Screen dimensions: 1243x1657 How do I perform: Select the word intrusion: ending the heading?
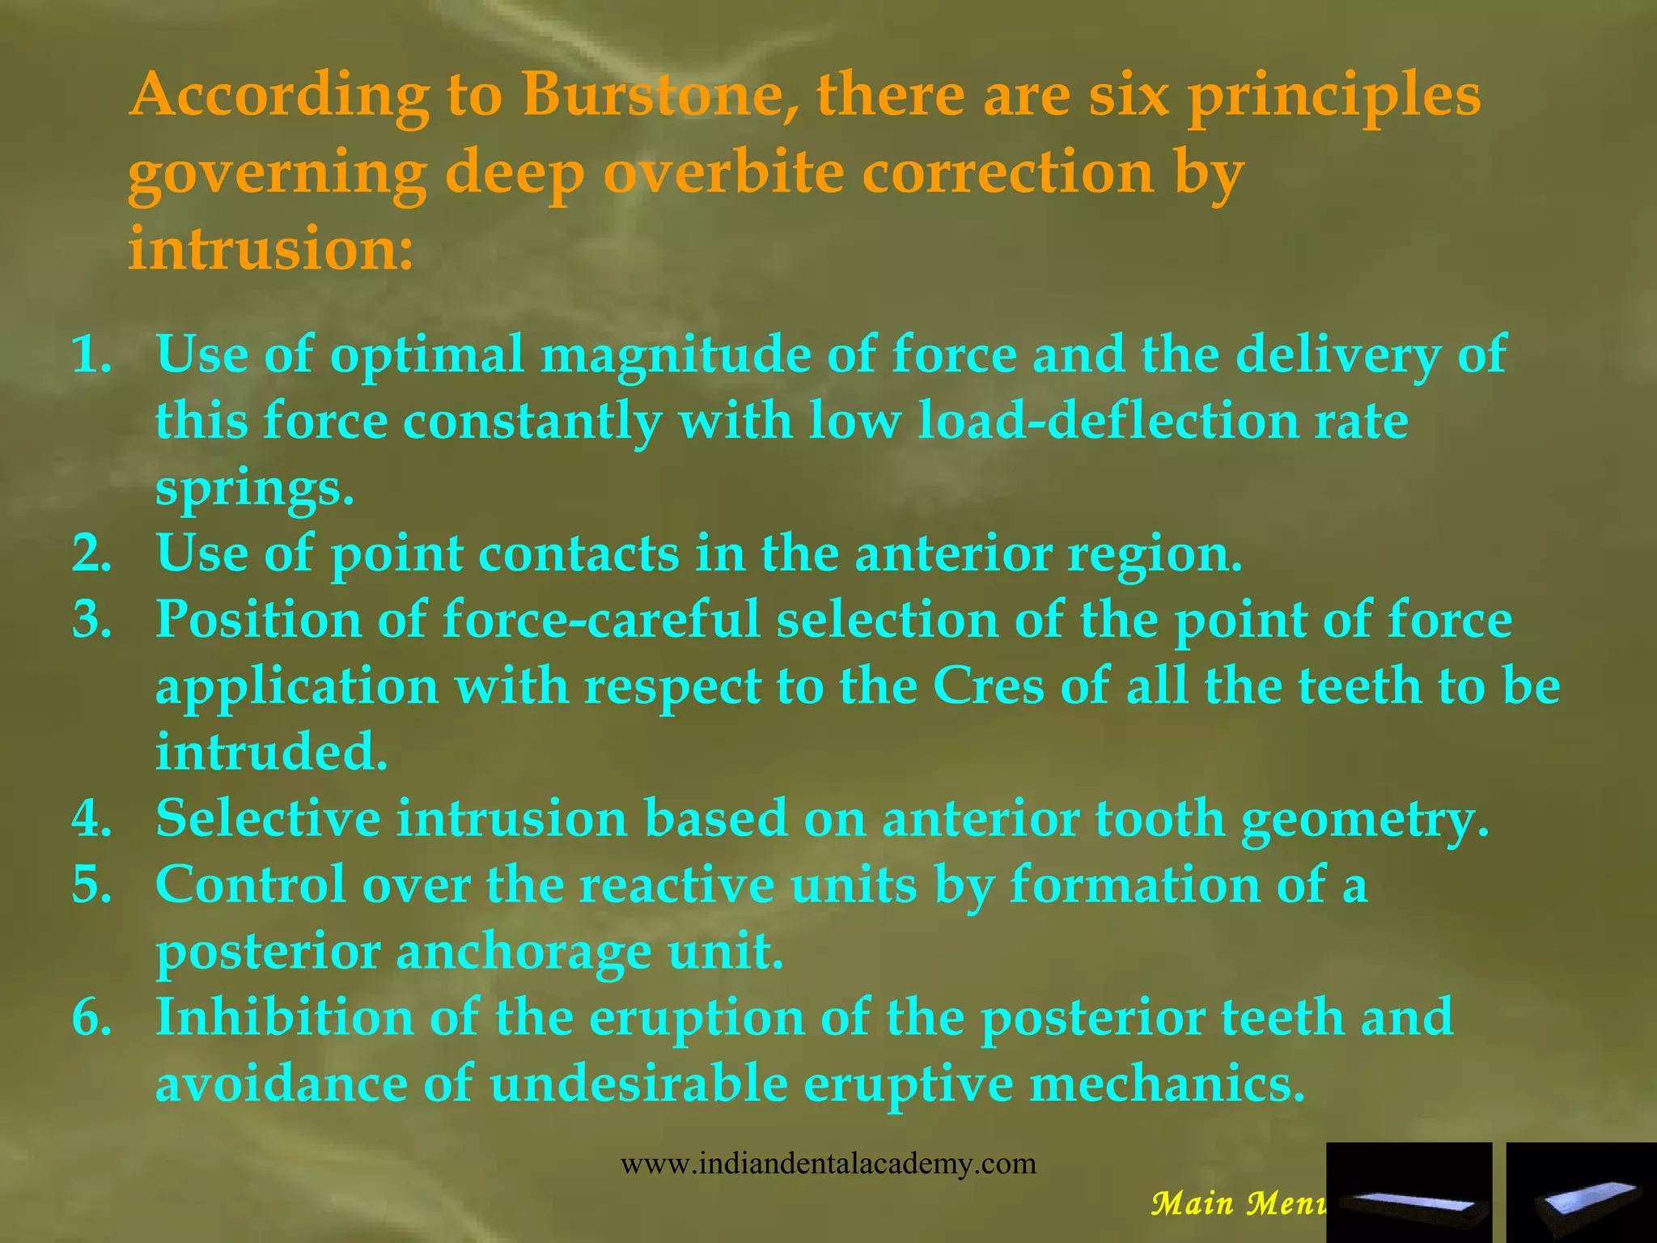[271, 248]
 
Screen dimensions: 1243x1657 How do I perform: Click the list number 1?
[91, 354]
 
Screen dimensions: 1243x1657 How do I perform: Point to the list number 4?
[91, 818]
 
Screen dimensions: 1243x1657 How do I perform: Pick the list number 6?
[91, 1017]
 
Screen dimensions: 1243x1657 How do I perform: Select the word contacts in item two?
[578, 554]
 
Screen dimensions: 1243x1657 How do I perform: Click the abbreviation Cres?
[989, 686]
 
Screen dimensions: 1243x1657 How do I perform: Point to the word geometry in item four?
[1365, 818]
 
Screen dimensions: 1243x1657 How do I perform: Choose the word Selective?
[268, 818]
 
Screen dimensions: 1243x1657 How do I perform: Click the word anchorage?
[523, 951]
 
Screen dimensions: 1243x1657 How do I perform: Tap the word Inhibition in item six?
[284, 1017]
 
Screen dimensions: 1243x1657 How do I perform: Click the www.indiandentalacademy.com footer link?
[828, 1164]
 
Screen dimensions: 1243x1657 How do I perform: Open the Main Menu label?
[1238, 1203]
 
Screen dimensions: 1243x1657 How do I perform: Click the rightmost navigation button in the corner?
[1581, 1192]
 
